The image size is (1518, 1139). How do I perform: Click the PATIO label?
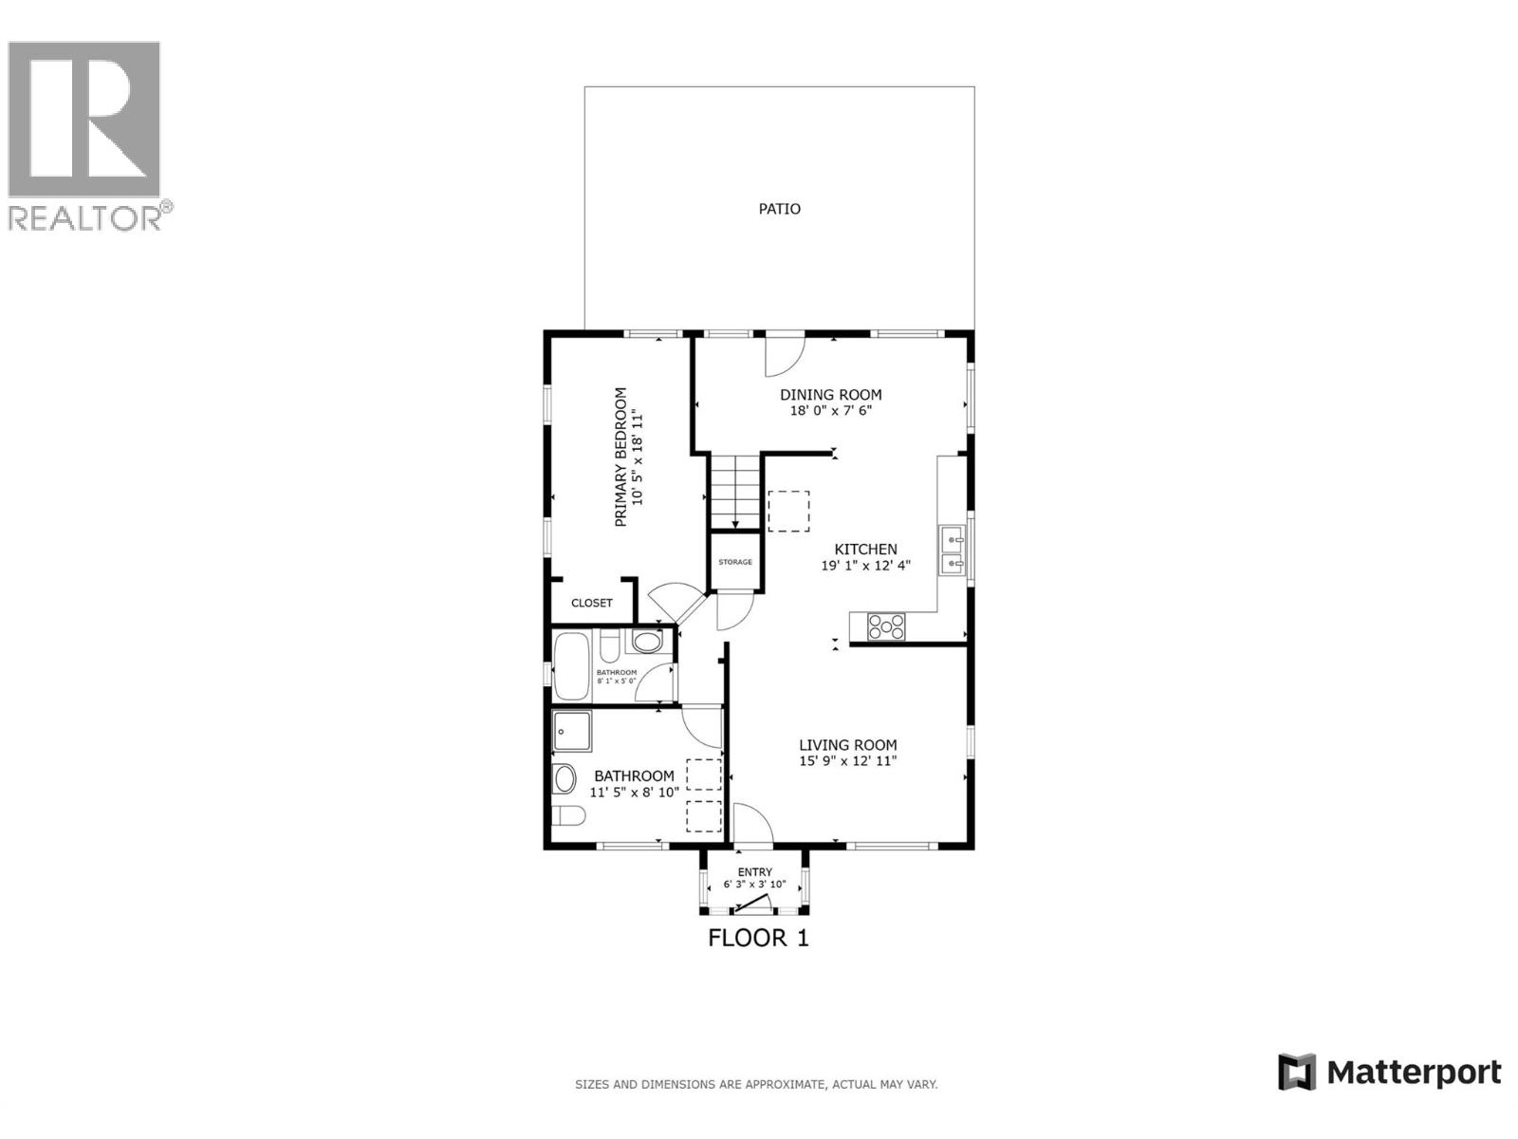(x=779, y=209)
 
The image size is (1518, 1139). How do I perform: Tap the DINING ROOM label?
(x=830, y=395)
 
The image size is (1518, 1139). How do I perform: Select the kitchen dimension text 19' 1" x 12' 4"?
(x=865, y=566)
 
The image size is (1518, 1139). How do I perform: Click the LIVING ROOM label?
(x=847, y=745)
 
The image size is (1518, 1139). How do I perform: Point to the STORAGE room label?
(x=734, y=562)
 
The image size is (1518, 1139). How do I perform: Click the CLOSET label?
(x=592, y=603)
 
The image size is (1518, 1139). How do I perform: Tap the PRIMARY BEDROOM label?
(x=620, y=457)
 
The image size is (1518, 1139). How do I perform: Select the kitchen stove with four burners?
(x=886, y=626)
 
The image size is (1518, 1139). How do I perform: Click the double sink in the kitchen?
(x=952, y=552)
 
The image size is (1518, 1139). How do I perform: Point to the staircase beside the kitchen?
(x=735, y=490)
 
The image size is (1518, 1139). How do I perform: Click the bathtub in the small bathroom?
(x=571, y=665)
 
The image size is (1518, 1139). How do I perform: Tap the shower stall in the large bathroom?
(x=572, y=732)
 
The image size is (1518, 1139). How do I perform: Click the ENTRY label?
(x=755, y=872)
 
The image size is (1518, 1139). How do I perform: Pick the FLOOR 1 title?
(x=758, y=939)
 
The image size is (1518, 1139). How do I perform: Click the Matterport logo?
(x=1389, y=1073)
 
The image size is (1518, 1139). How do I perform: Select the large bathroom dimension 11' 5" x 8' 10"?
(x=634, y=792)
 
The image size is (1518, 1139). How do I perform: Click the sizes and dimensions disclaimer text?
(x=756, y=1084)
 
